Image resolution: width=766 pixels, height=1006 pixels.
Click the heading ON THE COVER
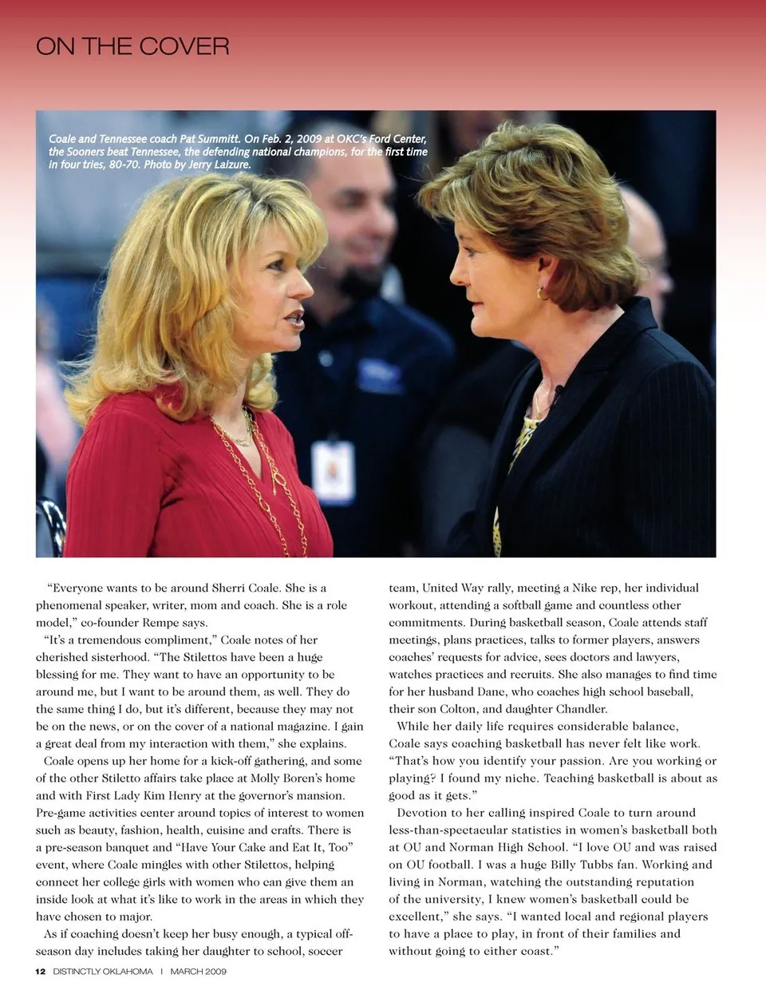click(132, 46)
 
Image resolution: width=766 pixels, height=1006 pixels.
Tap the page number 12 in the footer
click(40, 972)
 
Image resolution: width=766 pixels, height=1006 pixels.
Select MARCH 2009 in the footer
click(198, 972)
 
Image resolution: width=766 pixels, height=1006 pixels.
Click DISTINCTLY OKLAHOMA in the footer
click(103, 972)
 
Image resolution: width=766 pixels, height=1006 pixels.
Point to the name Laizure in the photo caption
click(232, 164)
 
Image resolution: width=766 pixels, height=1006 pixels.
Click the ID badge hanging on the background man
click(333, 471)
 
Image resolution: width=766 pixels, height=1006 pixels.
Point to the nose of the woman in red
click(302, 284)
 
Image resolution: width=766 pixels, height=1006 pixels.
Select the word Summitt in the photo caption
click(218, 139)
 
